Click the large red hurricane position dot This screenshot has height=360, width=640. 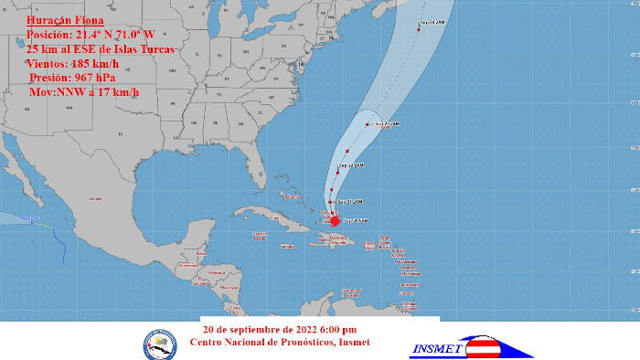(x=335, y=220)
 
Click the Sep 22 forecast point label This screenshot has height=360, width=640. (x=353, y=165)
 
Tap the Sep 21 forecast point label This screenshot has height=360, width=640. (x=351, y=201)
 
